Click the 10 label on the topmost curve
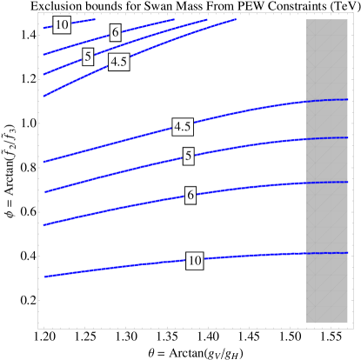click(61, 25)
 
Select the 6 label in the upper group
click(115, 32)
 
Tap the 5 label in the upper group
click(88, 57)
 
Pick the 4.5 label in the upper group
click(119, 62)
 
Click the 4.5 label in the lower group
click(183, 127)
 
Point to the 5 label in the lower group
click(188, 157)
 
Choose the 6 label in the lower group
click(191, 196)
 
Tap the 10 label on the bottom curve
click(194, 261)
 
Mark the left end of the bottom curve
click(45, 277)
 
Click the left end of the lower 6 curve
click(44, 225)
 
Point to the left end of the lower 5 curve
click(45, 192)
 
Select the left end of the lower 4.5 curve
click(44, 162)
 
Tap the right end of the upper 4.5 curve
click(235, 19)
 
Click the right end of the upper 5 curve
click(207, 19)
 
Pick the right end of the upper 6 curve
click(174, 19)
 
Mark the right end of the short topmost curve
click(94, 19)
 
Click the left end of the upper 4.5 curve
click(44, 96)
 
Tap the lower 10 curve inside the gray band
click(327, 253)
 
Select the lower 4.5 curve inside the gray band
click(327, 101)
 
